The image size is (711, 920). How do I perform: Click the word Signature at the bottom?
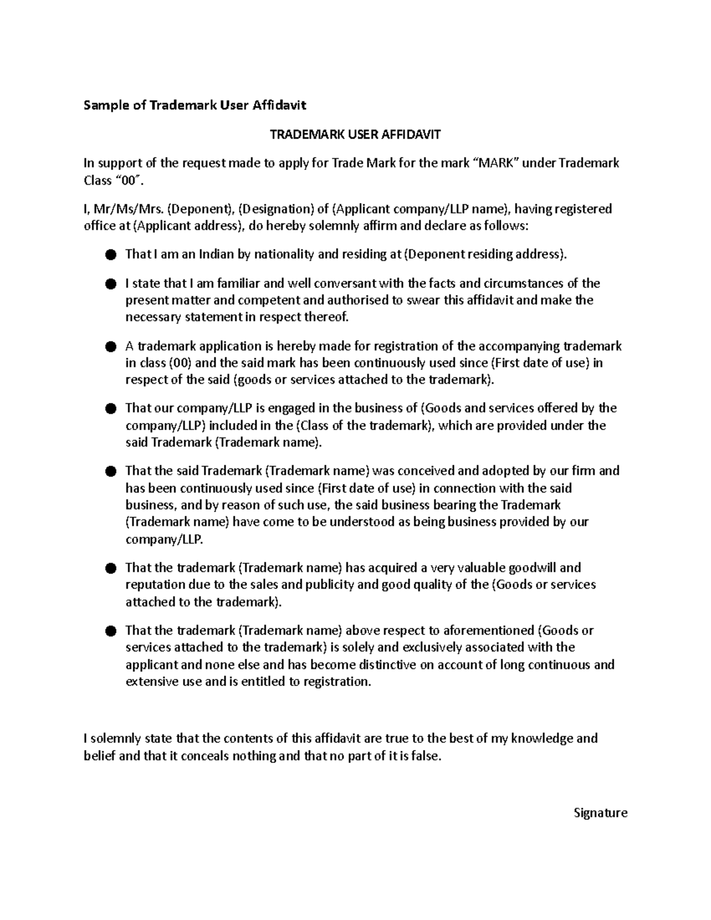[600, 812]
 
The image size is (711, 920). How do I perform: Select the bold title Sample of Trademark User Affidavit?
[195, 105]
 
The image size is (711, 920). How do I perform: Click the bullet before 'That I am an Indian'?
[110, 255]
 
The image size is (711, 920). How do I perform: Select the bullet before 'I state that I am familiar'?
[110, 284]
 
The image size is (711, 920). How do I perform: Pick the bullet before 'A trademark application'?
[110, 347]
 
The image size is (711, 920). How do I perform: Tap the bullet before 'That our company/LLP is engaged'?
[110, 409]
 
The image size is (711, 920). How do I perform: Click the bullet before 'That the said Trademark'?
[110, 472]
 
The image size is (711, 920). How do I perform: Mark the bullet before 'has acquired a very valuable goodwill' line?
[110, 569]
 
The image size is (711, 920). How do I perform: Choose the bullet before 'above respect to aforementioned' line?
[110, 631]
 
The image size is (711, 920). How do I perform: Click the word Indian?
[216, 255]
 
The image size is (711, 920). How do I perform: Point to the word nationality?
[284, 255]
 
